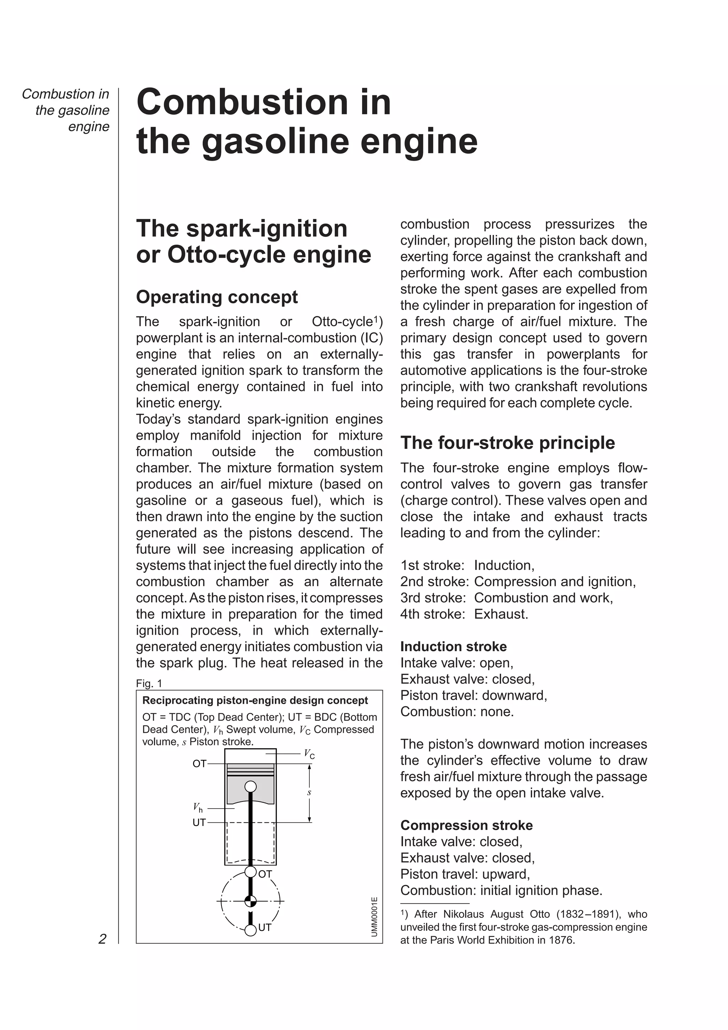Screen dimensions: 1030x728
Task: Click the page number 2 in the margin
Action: tap(102, 939)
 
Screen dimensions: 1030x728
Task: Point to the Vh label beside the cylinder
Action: tap(198, 808)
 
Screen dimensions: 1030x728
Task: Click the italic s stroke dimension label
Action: tap(309, 793)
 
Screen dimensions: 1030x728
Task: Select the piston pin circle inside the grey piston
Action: tap(250, 787)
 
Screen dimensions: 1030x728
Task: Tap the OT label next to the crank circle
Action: tap(265, 874)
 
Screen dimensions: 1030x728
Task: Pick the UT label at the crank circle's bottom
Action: tap(264, 927)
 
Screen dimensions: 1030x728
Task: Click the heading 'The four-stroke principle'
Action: tap(507, 443)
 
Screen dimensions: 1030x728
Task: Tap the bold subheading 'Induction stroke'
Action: tap(453, 647)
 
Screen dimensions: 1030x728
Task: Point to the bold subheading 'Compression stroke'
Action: tap(466, 825)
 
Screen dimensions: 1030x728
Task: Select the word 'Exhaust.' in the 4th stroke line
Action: tap(501, 614)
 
